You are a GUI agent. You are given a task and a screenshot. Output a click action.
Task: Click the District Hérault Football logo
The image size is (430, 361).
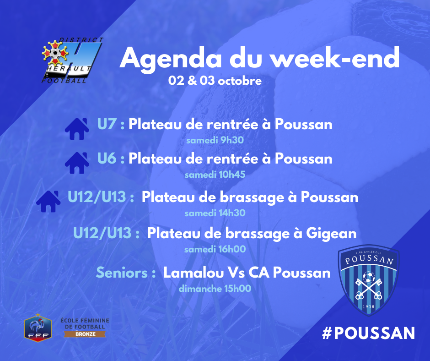tap(72, 60)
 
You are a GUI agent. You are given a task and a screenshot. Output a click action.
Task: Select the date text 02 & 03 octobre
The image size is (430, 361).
tap(215, 81)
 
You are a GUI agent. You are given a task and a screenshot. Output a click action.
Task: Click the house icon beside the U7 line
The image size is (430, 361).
tap(77, 129)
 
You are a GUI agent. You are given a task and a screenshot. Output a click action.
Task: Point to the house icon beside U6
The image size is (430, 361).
tap(77, 163)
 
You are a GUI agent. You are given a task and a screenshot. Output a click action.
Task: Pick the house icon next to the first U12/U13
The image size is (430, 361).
tap(48, 202)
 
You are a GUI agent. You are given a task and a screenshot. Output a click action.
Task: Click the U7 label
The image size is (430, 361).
tap(107, 124)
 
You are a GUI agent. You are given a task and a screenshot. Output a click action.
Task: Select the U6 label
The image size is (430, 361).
tap(107, 159)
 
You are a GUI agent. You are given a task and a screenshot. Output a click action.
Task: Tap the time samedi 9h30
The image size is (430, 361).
tap(215, 140)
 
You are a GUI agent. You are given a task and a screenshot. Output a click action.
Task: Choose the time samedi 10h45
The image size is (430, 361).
tap(215, 175)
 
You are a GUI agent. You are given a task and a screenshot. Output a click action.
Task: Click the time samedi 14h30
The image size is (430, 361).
tap(215, 213)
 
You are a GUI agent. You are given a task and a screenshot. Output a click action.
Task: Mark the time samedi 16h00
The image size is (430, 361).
tap(215, 249)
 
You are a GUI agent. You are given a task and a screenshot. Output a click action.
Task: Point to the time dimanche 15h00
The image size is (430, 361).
tap(215, 289)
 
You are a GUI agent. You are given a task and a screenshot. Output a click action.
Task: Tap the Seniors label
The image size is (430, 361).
tap(122, 273)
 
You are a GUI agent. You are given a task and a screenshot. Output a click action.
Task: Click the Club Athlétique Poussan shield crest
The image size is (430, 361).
tap(369, 279)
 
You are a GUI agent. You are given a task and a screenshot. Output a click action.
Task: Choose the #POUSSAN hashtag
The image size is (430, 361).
tap(369, 333)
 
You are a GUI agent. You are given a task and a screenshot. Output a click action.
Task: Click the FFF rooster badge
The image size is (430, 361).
tap(38, 328)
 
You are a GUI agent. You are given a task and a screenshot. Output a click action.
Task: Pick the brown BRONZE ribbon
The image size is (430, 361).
tap(85, 334)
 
